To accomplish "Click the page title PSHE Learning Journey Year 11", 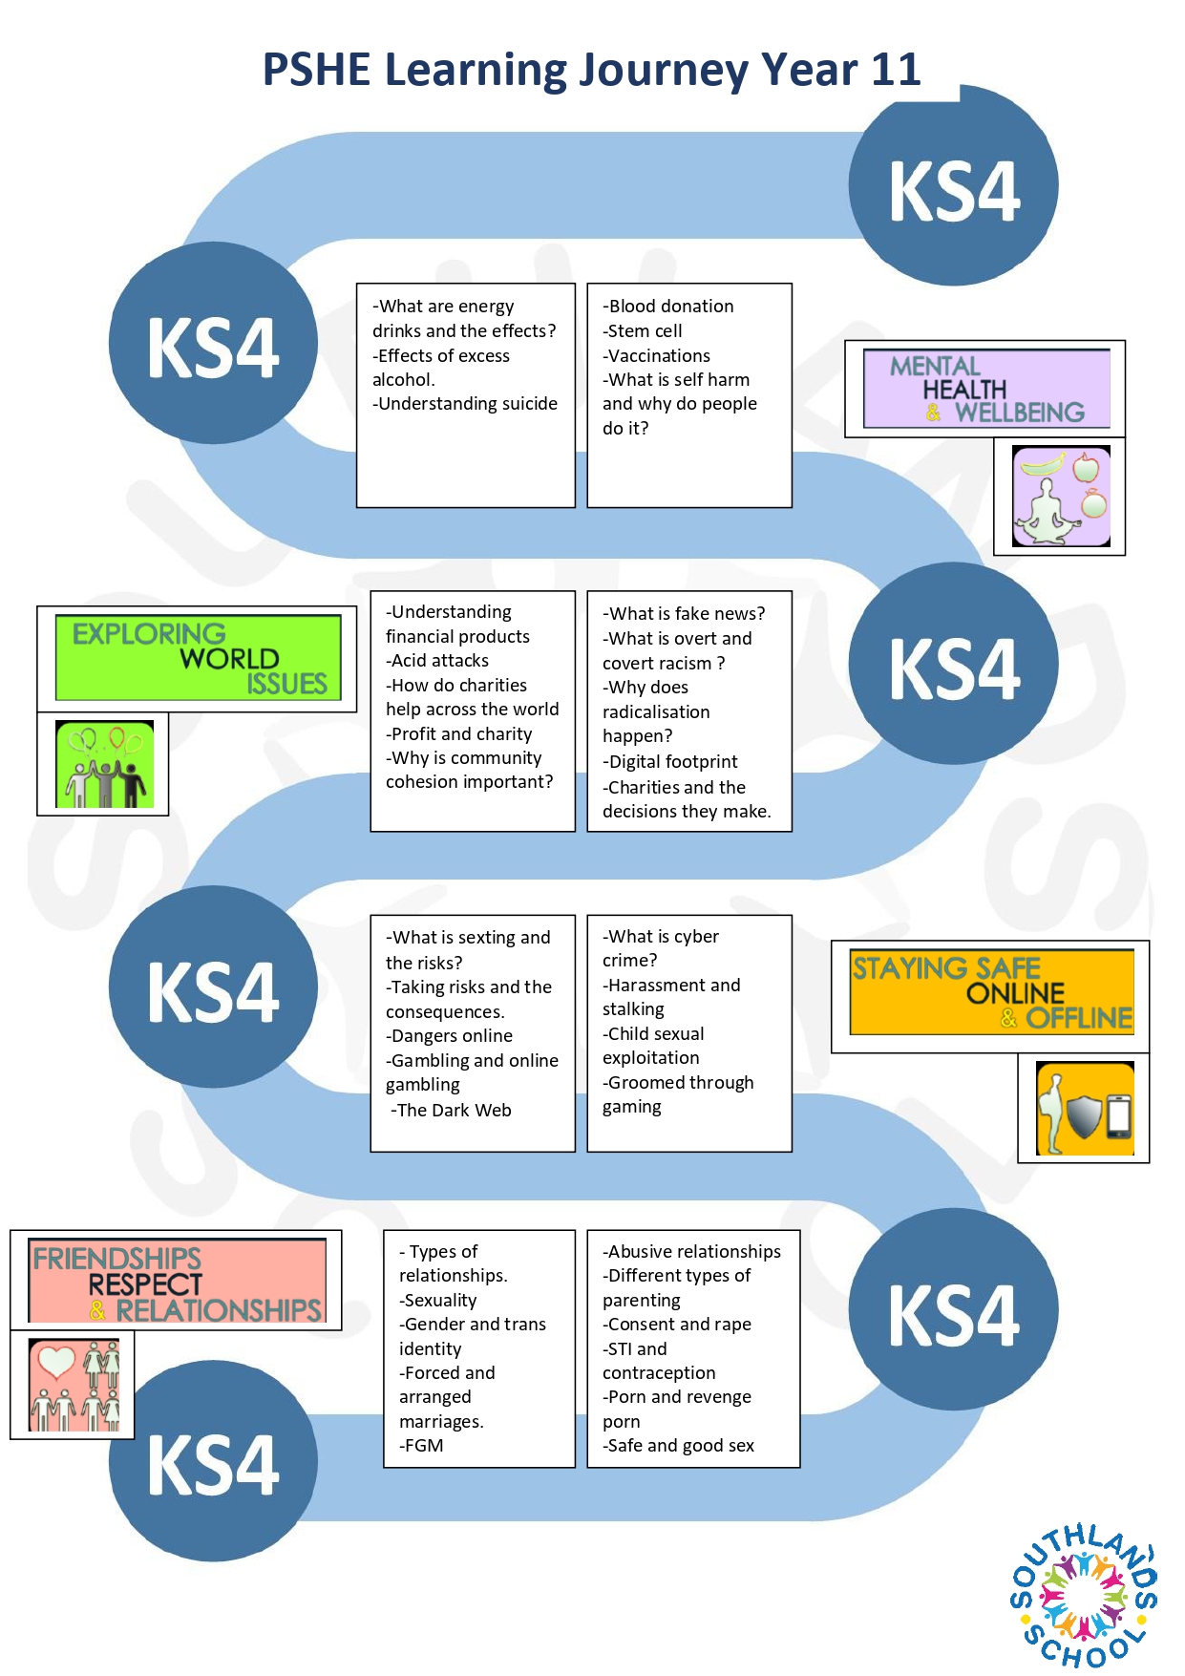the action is pos(592,71).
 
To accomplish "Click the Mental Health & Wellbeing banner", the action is pos(986,389).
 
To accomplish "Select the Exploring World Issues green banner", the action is pos(199,658).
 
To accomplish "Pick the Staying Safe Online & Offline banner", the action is pos(992,992).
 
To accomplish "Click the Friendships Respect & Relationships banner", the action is pos(178,1281).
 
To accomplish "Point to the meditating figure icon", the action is pos(1061,497).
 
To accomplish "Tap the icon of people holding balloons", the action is pos(104,764).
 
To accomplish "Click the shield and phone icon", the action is pos(1085,1109).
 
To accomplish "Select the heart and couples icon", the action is pos(74,1385).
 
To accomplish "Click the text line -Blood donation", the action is pos(668,307).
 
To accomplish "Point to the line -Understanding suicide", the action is pos(465,404).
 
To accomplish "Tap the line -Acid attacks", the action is pos(437,661).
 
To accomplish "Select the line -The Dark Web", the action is pos(451,1111).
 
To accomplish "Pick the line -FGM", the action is pos(421,1446).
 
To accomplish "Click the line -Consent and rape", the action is pos(677,1325).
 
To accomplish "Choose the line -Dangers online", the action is pos(449,1036).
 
